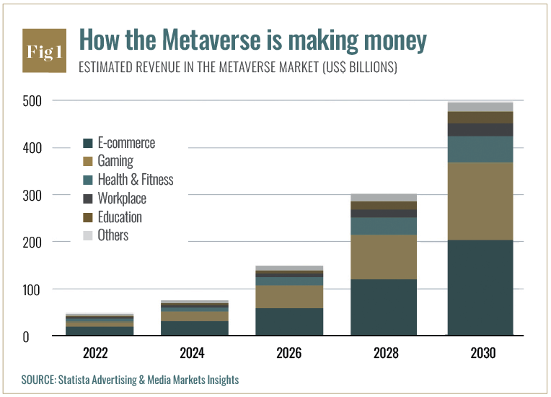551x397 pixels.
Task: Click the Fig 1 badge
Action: [45, 51]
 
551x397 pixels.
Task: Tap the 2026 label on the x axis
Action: [289, 354]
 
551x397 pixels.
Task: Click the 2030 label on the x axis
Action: [480, 354]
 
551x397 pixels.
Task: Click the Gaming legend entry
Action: [115, 161]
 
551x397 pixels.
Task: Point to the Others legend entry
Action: [113, 235]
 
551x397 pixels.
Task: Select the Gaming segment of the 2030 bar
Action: [480, 201]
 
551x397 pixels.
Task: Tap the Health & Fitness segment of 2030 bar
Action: [480, 149]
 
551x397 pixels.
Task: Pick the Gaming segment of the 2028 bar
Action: [384, 257]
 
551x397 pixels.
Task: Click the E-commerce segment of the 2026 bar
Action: [289, 322]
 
